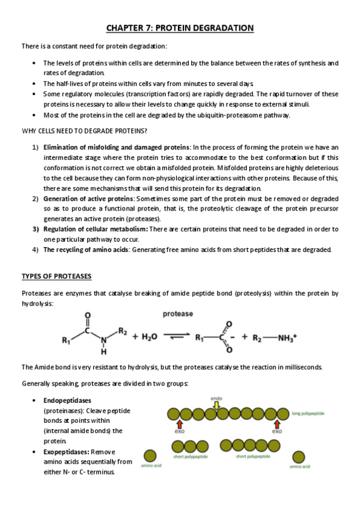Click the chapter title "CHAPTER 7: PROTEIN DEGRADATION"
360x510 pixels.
pos(180,28)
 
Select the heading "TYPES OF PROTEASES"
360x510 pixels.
pos(56,276)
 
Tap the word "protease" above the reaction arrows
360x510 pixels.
pos(177,313)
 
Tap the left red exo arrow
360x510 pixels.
pos(178,425)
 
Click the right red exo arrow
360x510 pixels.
pos(276,425)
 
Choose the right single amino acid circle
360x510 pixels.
pos(299,456)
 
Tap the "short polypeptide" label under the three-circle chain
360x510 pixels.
pos(186,456)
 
